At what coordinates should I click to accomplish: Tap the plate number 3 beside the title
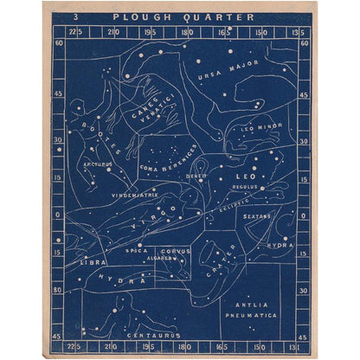coord(77,16)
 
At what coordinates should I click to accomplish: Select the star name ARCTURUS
coord(98,163)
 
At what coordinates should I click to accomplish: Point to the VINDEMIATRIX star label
coord(134,196)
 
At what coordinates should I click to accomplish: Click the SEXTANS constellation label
coord(257,216)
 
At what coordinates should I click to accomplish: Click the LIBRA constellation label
coord(93,260)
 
